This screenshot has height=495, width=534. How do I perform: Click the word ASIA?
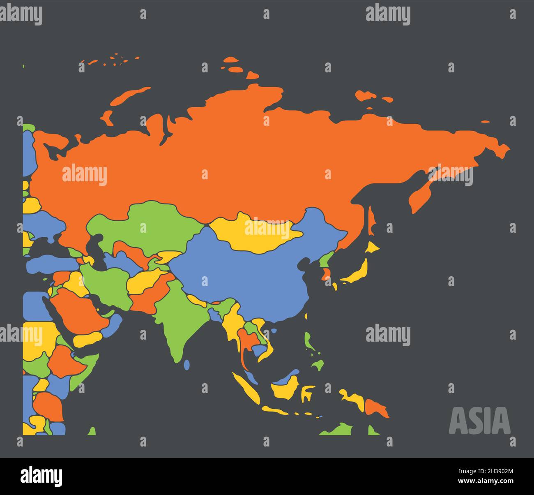point(479,421)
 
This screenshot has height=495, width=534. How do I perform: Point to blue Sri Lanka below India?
point(187,364)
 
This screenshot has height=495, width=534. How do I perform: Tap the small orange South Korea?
point(327,273)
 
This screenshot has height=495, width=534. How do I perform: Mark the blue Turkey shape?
point(49,263)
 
